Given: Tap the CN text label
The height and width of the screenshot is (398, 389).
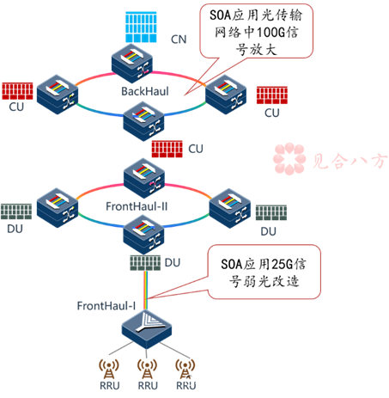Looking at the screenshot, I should pos(178,39).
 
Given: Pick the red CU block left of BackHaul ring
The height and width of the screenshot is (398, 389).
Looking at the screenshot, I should pos(16,90).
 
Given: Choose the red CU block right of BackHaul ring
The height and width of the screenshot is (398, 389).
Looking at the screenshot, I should pos(271,94).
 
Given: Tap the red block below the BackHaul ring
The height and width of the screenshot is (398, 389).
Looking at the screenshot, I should pos(167,149).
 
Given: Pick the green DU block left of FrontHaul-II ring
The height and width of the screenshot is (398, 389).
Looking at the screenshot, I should pos(15,211).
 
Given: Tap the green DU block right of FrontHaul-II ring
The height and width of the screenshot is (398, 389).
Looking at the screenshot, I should pos(270,212).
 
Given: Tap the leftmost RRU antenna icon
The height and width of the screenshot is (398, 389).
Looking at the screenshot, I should pos(109,368).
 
